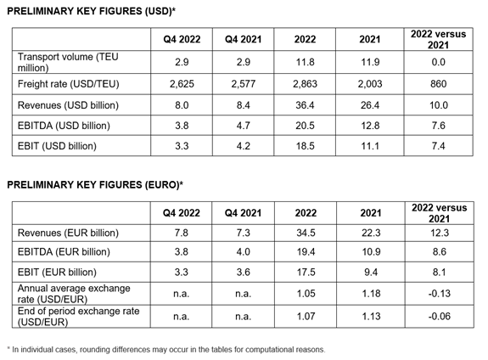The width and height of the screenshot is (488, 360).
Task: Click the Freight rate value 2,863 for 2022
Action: [305, 84]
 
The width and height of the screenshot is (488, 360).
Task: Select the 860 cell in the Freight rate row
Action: [438, 84]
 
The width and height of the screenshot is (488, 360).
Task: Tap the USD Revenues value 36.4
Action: [305, 105]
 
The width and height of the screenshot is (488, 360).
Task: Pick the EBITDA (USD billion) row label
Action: [64, 126]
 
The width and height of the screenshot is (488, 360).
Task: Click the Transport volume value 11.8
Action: [305, 62]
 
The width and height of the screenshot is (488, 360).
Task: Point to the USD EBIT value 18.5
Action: [305, 146]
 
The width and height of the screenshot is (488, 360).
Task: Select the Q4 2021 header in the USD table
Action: [243, 39]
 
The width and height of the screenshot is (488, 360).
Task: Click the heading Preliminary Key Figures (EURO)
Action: [95, 185]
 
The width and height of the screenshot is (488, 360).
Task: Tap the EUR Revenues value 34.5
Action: [306, 233]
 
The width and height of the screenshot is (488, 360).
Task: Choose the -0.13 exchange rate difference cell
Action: [439, 294]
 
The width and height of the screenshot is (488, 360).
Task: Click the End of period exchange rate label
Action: [78, 317]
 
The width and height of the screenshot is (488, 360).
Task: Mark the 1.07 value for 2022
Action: [306, 317]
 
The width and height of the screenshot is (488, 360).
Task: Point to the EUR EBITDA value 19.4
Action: [306, 251]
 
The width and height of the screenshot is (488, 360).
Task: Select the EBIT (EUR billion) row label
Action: [57, 272]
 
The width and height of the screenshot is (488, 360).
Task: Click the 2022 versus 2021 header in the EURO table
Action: [439, 213]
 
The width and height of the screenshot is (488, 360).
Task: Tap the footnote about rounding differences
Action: [166, 350]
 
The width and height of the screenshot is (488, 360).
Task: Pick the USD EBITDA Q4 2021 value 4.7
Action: [243, 126]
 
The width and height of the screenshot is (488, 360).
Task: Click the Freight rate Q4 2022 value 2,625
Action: [182, 84]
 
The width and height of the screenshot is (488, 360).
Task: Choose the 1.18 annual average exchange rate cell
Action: [371, 294]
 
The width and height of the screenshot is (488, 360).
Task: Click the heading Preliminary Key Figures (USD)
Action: [91, 11]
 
